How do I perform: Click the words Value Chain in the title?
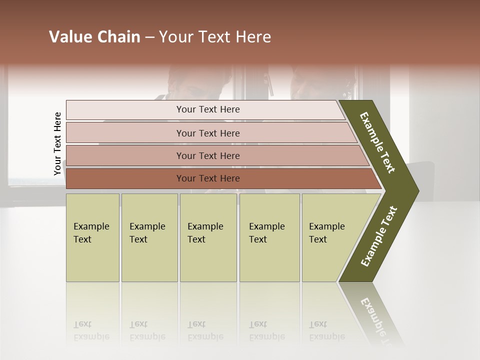(x=94, y=37)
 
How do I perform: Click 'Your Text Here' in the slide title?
(x=215, y=37)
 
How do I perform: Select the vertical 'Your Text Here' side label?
(x=57, y=144)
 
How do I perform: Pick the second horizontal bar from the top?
(x=208, y=133)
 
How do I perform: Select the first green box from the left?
(x=92, y=237)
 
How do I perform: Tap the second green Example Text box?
(x=149, y=237)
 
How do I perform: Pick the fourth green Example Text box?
(x=269, y=237)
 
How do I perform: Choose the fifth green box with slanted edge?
(x=330, y=237)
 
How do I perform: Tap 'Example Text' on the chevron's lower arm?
(x=379, y=236)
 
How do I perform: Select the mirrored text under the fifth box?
(x=327, y=330)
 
